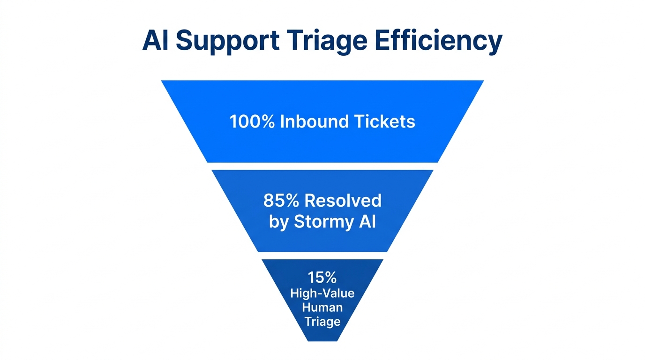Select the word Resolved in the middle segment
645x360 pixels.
(x=343, y=201)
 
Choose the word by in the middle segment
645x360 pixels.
(x=278, y=222)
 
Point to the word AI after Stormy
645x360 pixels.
(x=367, y=221)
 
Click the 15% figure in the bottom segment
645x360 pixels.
(x=322, y=277)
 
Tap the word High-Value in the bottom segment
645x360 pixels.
(x=322, y=293)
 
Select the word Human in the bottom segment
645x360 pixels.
(x=322, y=307)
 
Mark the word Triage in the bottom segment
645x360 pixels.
(x=322, y=322)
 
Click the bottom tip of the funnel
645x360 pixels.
(x=322, y=340)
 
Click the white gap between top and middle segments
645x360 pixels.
(x=322, y=166)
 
